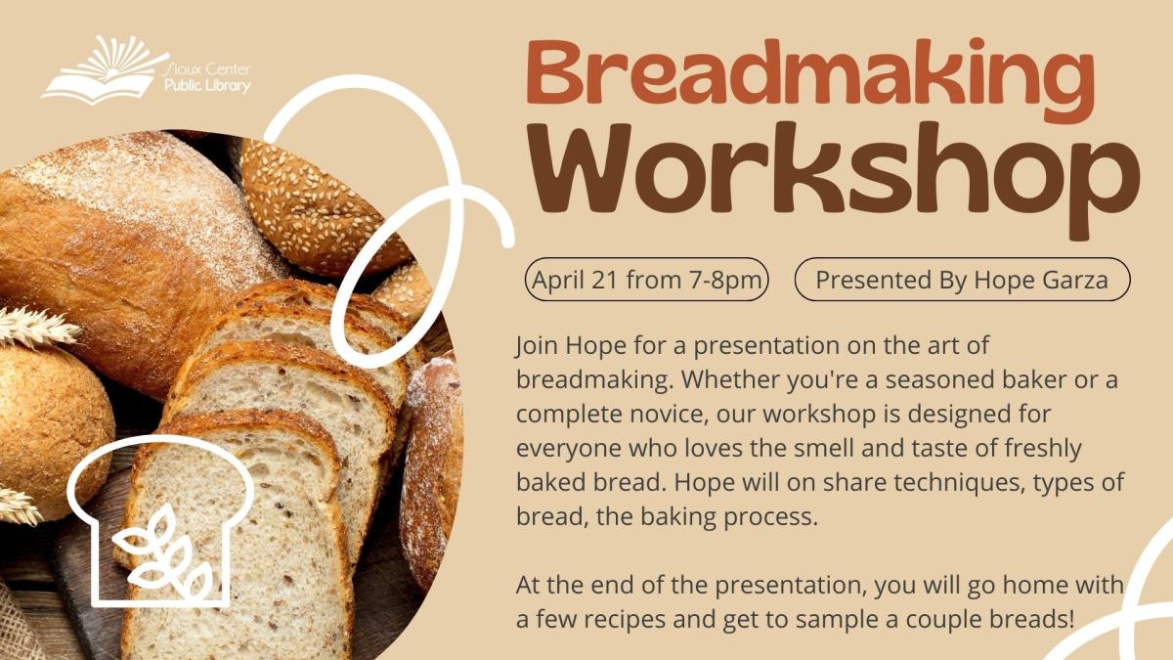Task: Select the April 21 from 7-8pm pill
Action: click(647, 281)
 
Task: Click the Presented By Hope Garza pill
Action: click(962, 281)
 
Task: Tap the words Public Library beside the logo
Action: click(207, 86)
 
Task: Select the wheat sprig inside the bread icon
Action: click(162, 555)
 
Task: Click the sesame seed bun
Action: click(313, 205)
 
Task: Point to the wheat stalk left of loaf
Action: click(35, 327)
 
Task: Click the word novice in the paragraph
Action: click(662, 414)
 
